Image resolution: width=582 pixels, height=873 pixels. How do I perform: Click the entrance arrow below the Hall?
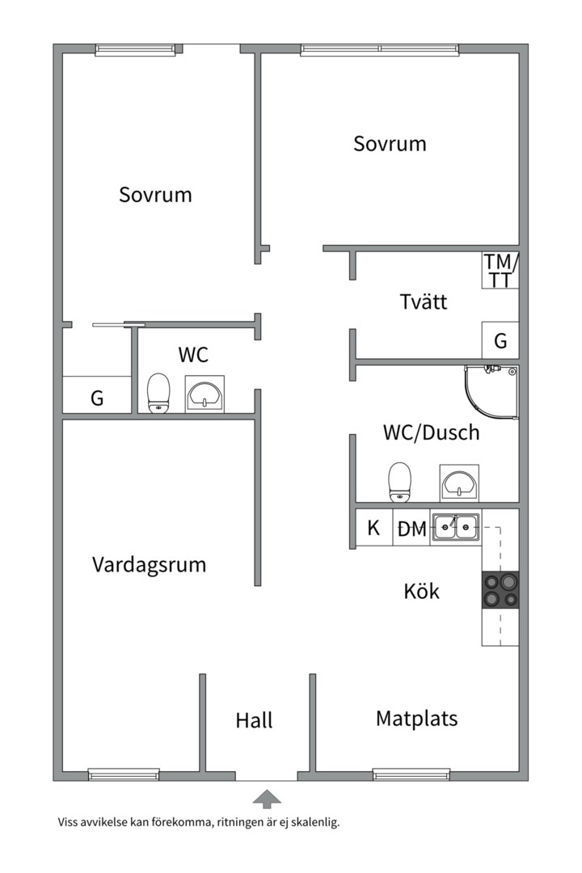[x=267, y=799]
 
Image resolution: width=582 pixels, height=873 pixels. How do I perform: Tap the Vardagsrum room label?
[x=149, y=564]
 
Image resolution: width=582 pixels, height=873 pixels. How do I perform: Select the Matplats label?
[x=416, y=718]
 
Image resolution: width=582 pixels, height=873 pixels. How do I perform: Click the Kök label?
[x=422, y=591]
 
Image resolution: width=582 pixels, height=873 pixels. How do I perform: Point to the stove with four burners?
[x=500, y=590]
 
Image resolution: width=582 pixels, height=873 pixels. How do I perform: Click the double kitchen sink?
[x=455, y=528]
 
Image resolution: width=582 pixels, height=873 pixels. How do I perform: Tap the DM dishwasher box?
[x=411, y=529]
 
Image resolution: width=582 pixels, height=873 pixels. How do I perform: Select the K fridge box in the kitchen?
[x=373, y=529]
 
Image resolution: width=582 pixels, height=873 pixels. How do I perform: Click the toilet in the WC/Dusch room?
[x=399, y=482]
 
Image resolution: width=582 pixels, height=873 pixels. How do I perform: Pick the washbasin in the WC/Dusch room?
[x=459, y=483]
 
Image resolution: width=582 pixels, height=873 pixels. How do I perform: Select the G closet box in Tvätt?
[x=500, y=340]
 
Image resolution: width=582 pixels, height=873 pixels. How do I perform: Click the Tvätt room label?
[x=424, y=302]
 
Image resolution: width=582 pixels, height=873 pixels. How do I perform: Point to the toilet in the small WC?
[x=158, y=393]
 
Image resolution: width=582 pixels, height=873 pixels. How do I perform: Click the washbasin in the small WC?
[x=206, y=394]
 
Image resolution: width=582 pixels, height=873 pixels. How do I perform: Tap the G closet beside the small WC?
[x=97, y=397]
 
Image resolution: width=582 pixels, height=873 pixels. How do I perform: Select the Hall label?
[x=255, y=719]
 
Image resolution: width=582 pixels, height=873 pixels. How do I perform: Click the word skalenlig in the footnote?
[x=314, y=823]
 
